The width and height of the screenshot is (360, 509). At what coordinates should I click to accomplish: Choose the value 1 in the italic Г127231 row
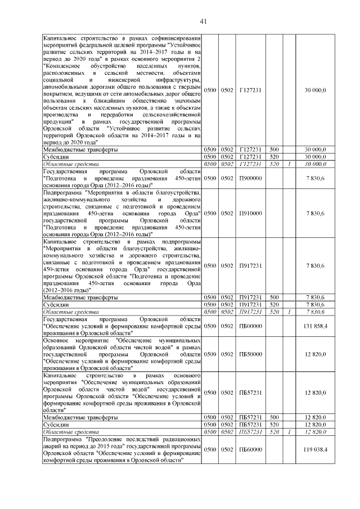pyautogui.click(x=289, y=164)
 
